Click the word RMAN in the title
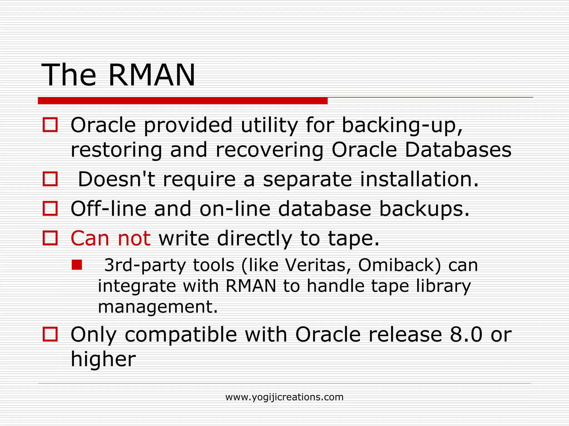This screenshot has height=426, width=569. coord(152,75)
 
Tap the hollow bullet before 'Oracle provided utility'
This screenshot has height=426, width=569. coord(50,125)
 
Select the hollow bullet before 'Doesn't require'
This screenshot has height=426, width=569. coord(50,179)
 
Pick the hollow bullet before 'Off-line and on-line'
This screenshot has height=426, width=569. coord(50,209)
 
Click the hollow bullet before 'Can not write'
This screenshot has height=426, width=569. coord(50,238)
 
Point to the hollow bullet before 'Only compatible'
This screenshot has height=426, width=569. coord(50,334)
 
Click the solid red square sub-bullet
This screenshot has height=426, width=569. coord(77,265)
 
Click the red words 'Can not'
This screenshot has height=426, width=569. coord(111,238)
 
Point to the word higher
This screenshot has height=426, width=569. coord(103,359)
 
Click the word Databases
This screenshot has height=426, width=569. coord(458,150)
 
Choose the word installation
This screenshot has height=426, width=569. coord(419,179)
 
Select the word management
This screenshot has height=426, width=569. coord(158,307)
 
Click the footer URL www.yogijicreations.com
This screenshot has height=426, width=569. coord(284,397)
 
